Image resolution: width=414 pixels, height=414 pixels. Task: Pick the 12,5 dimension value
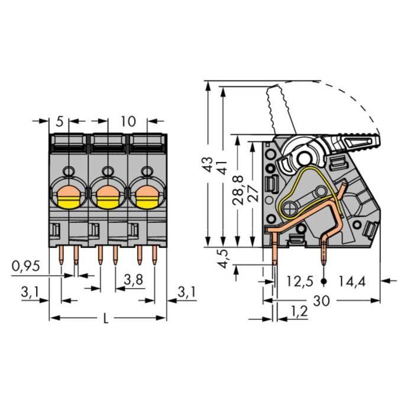tap(300, 281)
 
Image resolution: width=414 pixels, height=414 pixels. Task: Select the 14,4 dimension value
tap(352, 281)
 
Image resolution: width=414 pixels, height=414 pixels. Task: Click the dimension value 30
tap(321, 300)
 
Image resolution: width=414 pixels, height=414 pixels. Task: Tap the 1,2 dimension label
tap(299, 310)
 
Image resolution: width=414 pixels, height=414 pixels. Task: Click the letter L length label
tap(106, 319)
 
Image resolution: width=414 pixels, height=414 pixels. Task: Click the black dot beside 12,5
tap(324, 281)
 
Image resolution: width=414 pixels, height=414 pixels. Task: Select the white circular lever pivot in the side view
tap(305, 157)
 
